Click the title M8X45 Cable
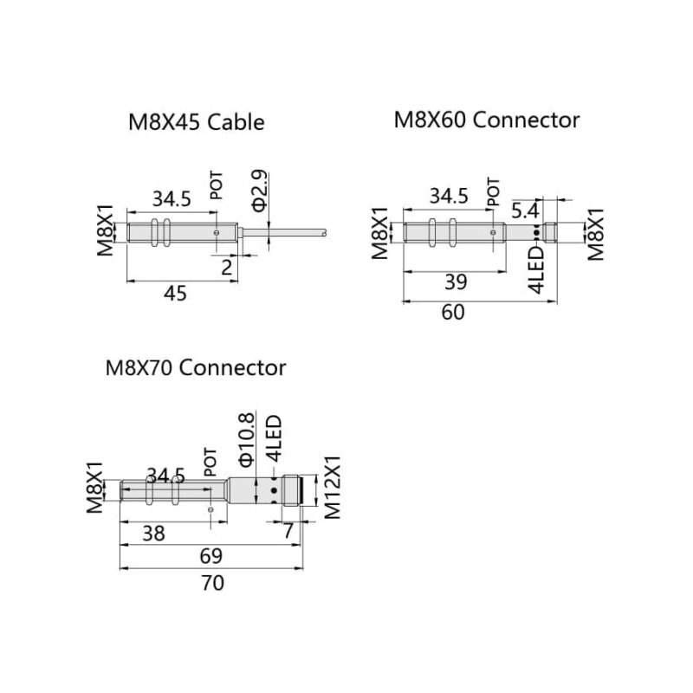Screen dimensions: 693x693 click(x=196, y=122)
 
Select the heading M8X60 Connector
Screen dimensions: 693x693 click(x=487, y=120)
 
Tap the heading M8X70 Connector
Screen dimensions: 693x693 click(x=195, y=367)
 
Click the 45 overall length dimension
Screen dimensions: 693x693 click(x=175, y=294)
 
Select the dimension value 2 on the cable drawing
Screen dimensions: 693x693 click(x=227, y=268)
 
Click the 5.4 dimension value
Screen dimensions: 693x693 click(x=526, y=210)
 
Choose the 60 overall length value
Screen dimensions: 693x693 click(x=453, y=313)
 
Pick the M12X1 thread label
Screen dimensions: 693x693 click(x=334, y=487)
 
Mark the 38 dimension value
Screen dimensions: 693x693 click(x=152, y=533)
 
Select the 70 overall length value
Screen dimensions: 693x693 click(x=212, y=582)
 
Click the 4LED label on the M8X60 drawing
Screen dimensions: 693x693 click(x=537, y=269)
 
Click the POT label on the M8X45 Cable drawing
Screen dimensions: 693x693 click(x=217, y=187)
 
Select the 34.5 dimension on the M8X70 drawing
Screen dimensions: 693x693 click(x=166, y=476)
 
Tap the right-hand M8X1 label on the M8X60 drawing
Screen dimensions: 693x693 click(x=597, y=234)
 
